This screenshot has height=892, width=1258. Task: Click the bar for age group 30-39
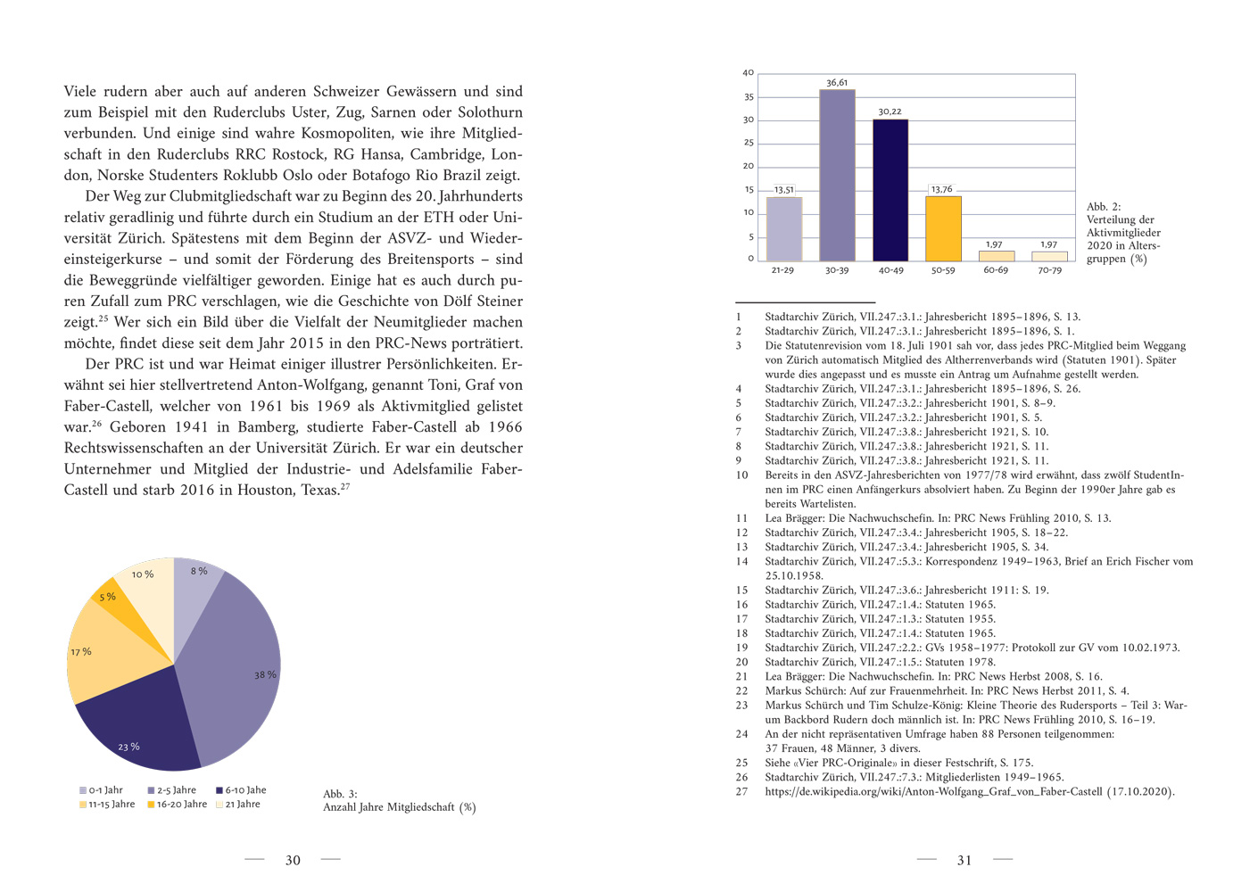tap(837, 175)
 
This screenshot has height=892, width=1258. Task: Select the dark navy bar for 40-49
tap(890, 189)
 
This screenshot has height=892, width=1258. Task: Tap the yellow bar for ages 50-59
tap(943, 228)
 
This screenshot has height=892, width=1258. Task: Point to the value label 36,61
tap(837, 83)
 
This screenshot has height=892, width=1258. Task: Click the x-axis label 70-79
tap(1050, 270)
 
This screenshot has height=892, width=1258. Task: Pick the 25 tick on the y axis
tap(749, 143)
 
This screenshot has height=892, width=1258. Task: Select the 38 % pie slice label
tap(265, 675)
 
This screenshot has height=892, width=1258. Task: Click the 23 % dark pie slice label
tap(128, 747)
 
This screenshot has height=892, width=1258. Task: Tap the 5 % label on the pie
tap(107, 597)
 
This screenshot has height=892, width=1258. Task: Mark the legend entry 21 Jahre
tap(242, 805)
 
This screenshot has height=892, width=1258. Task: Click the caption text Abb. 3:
tap(340, 794)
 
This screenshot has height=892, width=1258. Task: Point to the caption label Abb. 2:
tap(1104, 207)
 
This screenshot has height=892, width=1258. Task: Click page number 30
tap(293, 861)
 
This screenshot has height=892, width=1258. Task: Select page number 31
tap(964, 861)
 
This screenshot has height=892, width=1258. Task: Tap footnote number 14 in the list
tap(741, 562)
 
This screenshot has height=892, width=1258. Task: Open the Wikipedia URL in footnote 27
tap(933, 792)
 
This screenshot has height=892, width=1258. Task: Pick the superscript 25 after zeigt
tap(103, 318)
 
